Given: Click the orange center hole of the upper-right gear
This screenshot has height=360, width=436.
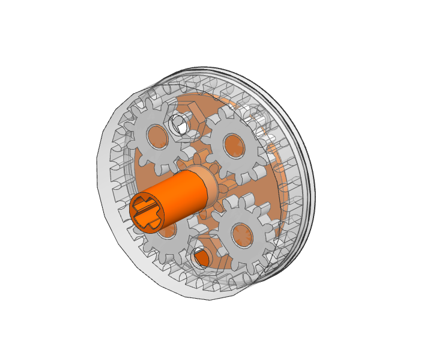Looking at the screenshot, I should (x=234, y=146).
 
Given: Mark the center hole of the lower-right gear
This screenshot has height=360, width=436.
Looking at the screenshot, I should (x=242, y=234).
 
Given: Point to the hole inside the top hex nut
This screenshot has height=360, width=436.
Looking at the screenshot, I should (x=179, y=126).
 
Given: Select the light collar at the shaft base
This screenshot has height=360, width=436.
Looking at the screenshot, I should (x=210, y=186).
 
